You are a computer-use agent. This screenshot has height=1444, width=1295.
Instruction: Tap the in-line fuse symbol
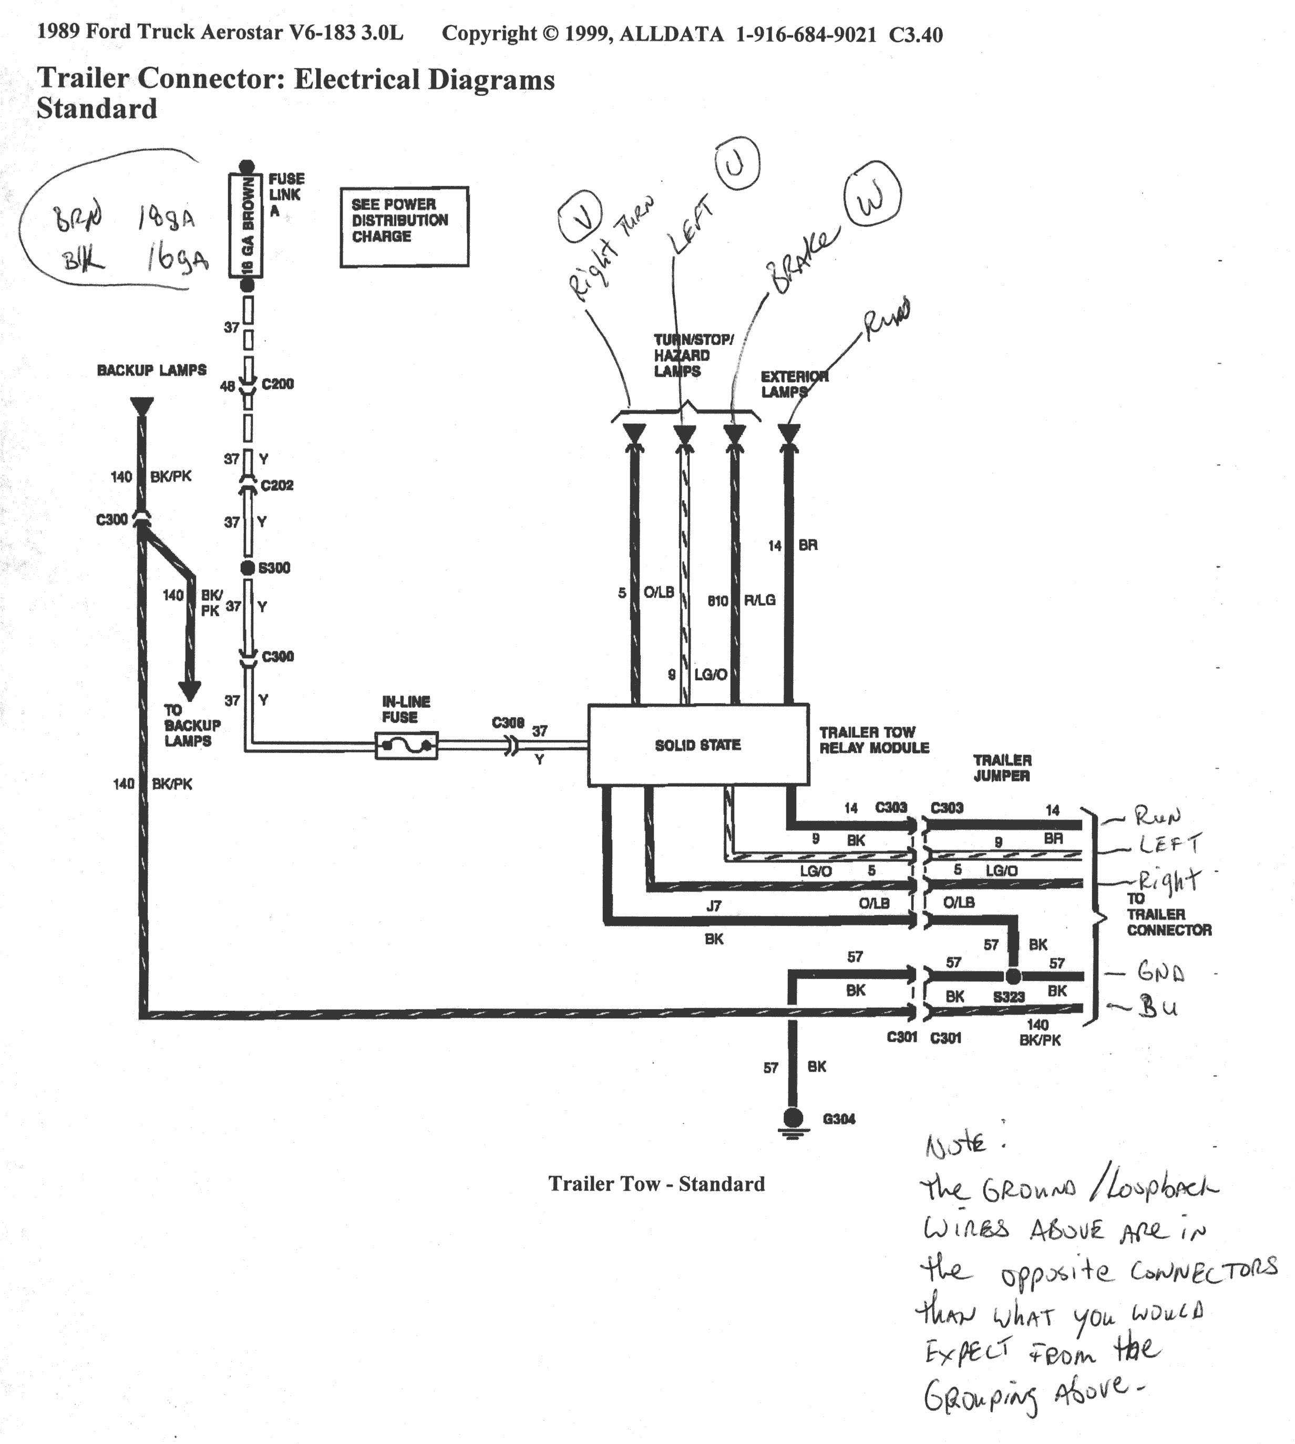406,746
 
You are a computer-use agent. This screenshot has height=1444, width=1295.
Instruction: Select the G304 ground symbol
793,1120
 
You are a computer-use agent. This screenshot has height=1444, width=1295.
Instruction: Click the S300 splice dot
247,567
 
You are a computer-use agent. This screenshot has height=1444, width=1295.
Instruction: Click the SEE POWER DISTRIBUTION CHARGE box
404,227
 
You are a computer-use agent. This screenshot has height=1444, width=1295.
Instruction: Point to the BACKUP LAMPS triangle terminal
141,406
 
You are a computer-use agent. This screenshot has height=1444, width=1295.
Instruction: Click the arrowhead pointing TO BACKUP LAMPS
189,690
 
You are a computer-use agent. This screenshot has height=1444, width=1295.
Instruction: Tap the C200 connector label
277,384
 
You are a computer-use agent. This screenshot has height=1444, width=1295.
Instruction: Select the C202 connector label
277,485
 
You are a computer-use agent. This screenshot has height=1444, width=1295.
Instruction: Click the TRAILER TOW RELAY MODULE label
874,740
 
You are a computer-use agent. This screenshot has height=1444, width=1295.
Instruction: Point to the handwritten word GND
1160,971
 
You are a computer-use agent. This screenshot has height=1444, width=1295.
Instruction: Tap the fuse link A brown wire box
245,225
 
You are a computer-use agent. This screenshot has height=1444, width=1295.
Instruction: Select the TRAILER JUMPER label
1002,768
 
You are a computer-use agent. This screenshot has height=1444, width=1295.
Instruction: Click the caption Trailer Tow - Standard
656,1183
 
